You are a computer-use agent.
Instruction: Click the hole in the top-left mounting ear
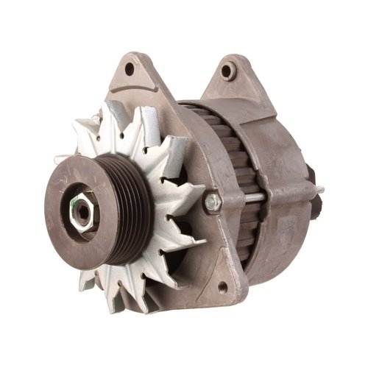click(x=130, y=69)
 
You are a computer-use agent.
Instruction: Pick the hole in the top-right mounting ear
click(x=230, y=71)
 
